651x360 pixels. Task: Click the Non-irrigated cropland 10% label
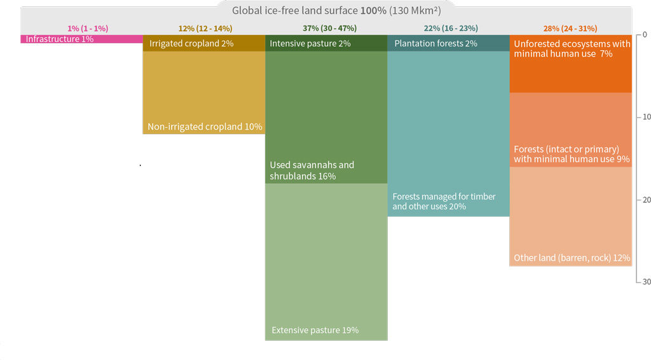point(205,127)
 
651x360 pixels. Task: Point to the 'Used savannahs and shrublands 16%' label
point(312,170)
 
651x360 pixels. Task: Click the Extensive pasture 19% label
point(315,330)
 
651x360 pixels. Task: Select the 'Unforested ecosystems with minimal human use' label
point(572,49)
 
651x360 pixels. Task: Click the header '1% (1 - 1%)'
point(88,29)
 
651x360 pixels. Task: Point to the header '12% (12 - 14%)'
point(205,29)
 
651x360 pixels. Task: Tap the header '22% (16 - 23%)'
point(451,29)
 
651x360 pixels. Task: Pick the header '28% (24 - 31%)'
point(571,29)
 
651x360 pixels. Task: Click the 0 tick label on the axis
point(644,34)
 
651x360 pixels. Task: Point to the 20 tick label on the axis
point(645,200)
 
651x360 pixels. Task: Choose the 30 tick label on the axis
point(645,282)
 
